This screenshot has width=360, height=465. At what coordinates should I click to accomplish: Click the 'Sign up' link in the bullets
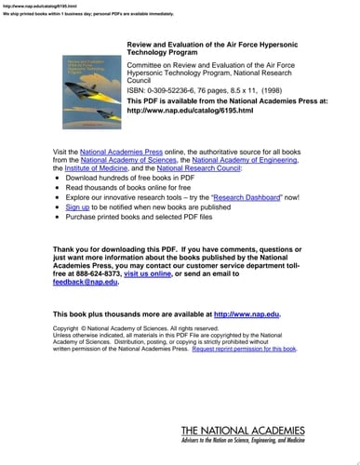coord(77,206)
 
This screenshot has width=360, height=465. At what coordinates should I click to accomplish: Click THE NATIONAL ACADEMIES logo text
coord(241,431)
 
